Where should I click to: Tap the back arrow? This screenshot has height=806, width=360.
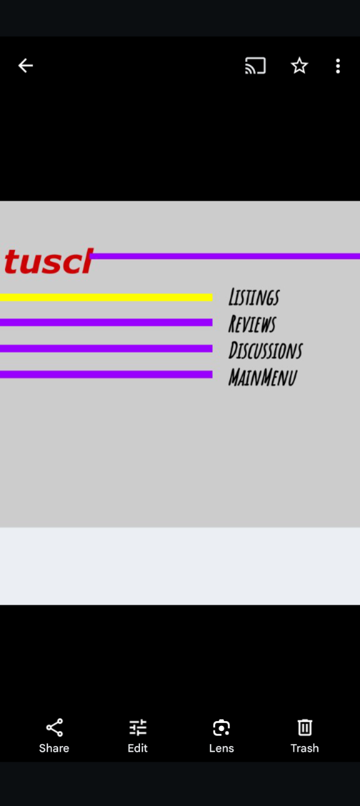click(26, 66)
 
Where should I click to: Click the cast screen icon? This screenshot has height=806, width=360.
click(256, 66)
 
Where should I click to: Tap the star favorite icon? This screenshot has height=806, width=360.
click(299, 66)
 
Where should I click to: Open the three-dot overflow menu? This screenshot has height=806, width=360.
click(337, 66)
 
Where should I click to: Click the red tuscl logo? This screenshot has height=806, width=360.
click(49, 261)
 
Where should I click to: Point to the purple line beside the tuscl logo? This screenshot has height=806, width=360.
click(226, 256)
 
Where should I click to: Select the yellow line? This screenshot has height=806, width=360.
click(106, 297)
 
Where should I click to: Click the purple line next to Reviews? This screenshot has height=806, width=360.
click(106, 322)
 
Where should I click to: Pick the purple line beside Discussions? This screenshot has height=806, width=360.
click(106, 348)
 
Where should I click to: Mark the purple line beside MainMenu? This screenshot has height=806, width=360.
click(106, 374)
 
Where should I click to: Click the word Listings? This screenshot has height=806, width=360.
click(254, 297)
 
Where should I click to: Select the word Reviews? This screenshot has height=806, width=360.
click(252, 323)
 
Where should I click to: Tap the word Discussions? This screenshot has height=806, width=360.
click(266, 350)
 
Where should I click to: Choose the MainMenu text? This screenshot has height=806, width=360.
click(262, 377)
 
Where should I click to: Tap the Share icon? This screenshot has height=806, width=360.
click(54, 728)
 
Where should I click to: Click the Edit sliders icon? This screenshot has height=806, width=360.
click(137, 728)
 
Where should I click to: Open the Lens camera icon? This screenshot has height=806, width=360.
click(221, 728)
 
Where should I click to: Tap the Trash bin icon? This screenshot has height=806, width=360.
click(304, 728)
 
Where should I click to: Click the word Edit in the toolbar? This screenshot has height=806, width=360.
click(137, 748)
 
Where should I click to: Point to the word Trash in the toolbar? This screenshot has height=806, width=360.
click(304, 748)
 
